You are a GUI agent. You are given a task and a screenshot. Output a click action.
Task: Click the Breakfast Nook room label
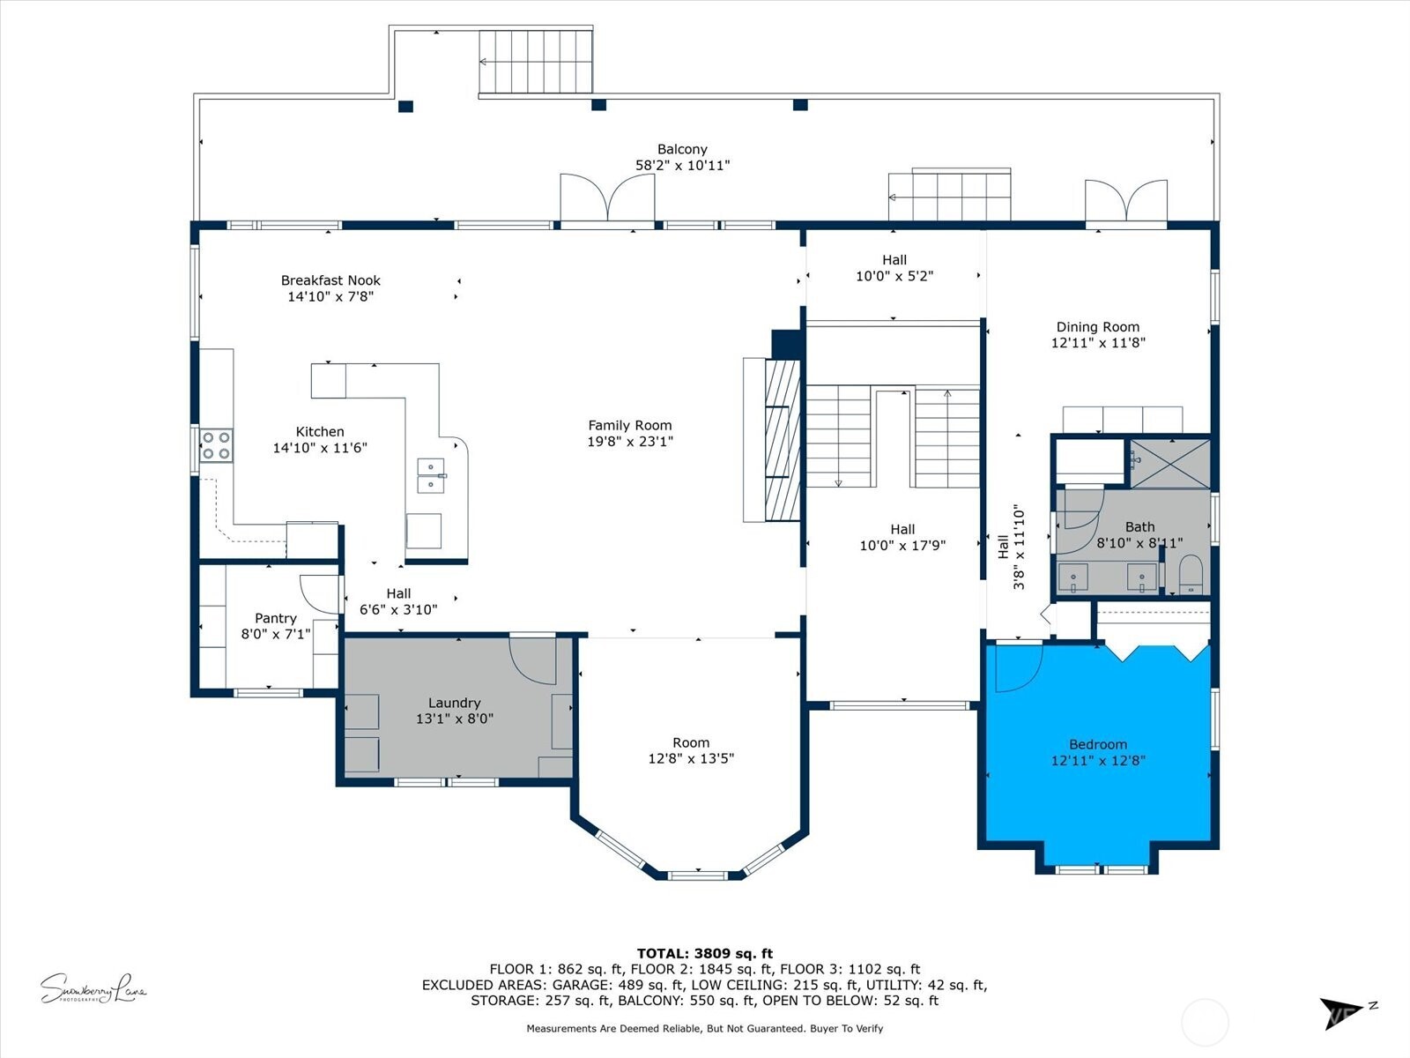pyautogui.click(x=330, y=280)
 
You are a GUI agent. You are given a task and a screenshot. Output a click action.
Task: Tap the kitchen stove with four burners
pyautogui.click(x=216, y=445)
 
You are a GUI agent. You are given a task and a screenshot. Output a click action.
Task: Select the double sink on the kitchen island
pyautogui.click(x=430, y=475)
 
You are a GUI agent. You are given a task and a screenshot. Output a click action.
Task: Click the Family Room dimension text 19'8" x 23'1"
pyautogui.click(x=629, y=442)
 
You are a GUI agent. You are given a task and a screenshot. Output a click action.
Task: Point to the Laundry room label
pyautogui.click(x=454, y=703)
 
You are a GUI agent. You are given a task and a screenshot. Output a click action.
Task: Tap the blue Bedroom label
pyautogui.click(x=1097, y=744)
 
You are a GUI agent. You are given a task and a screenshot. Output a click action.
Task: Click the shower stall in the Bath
pyautogui.click(x=1170, y=463)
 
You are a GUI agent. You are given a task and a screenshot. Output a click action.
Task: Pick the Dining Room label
pyautogui.click(x=1097, y=327)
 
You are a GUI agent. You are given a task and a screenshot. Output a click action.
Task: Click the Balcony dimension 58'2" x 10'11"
pyautogui.click(x=682, y=165)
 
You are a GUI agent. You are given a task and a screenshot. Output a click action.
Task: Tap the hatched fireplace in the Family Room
pyautogui.click(x=783, y=441)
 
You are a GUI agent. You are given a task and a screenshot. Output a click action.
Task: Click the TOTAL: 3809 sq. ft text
pyautogui.click(x=704, y=953)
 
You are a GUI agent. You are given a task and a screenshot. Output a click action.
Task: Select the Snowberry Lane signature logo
pyautogui.click(x=93, y=988)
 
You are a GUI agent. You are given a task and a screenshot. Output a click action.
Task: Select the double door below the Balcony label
pyautogui.click(x=607, y=197)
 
